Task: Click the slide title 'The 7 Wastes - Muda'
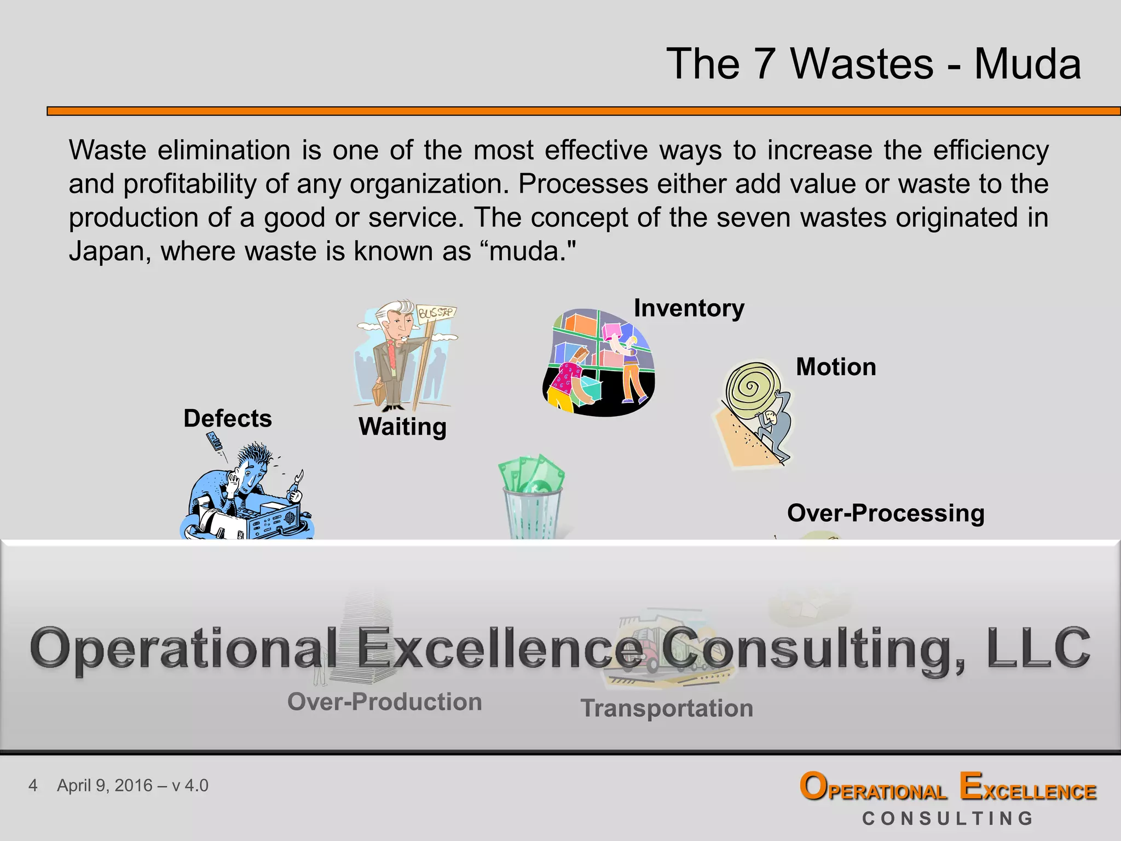pyautogui.click(x=873, y=64)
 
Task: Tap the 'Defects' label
pyautogui.click(x=228, y=419)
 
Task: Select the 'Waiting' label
pyautogui.click(x=402, y=427)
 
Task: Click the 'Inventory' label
pyautogui.click(x=689, y=308)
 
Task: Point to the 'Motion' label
pyautogui.click(x=836, y=367)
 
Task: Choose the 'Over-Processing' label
pyautogui.click(x=886, y=514)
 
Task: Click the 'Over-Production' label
pyautogui.click(x=384, y=702)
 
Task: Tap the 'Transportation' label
pyautogui.click(x=667, y=708)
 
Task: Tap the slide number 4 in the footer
pyautogui.click(x=33, y=786)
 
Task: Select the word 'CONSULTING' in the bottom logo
pyautogui.click(x=947, y=819)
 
